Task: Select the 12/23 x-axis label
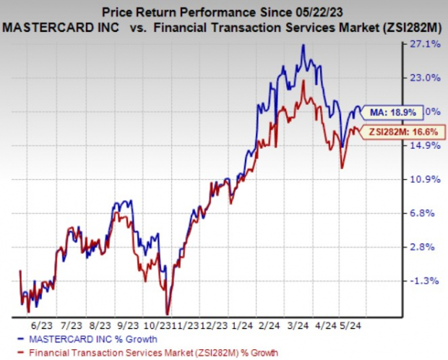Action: click(216, 326)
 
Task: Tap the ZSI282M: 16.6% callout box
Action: click(402, 130)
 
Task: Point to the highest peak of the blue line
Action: click(303, 46)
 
